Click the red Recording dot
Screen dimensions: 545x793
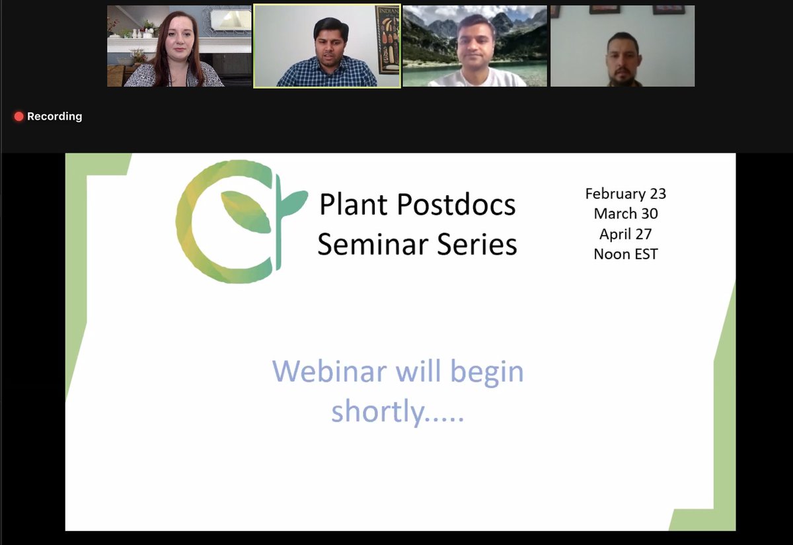19,116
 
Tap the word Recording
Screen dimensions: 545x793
55,116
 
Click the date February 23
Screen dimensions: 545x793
625,194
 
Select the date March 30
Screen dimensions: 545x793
625,214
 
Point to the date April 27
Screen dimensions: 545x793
625,234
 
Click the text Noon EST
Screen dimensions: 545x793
625,254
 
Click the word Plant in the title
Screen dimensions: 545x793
353,206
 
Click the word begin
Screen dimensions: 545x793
487,372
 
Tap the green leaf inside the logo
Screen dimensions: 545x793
246,212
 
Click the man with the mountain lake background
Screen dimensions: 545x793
476,50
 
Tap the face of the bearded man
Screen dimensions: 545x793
623,58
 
